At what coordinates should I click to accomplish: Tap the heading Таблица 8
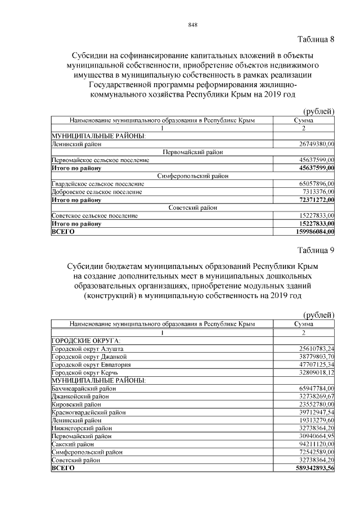point(315,39)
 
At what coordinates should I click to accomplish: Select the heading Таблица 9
point(315,250)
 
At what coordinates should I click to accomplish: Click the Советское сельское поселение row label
point(94,215)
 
